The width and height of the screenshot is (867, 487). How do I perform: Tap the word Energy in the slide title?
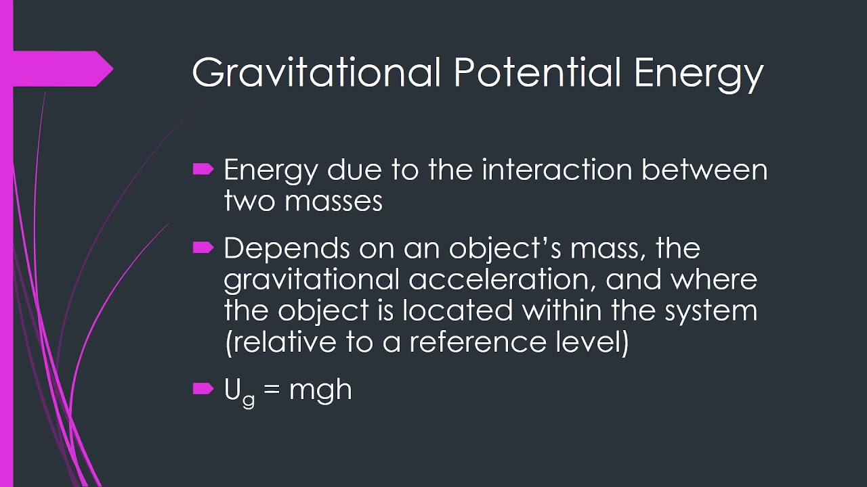click(699, 74)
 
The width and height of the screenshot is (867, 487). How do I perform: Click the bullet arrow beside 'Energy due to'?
click(203, 169)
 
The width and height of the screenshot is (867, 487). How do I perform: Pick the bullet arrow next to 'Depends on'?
click(203, 248)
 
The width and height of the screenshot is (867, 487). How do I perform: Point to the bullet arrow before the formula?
click(203, 388)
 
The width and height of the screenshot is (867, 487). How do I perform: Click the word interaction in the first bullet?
click(558, 170)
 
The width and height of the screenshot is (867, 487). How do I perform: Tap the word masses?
click(343, 201)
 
